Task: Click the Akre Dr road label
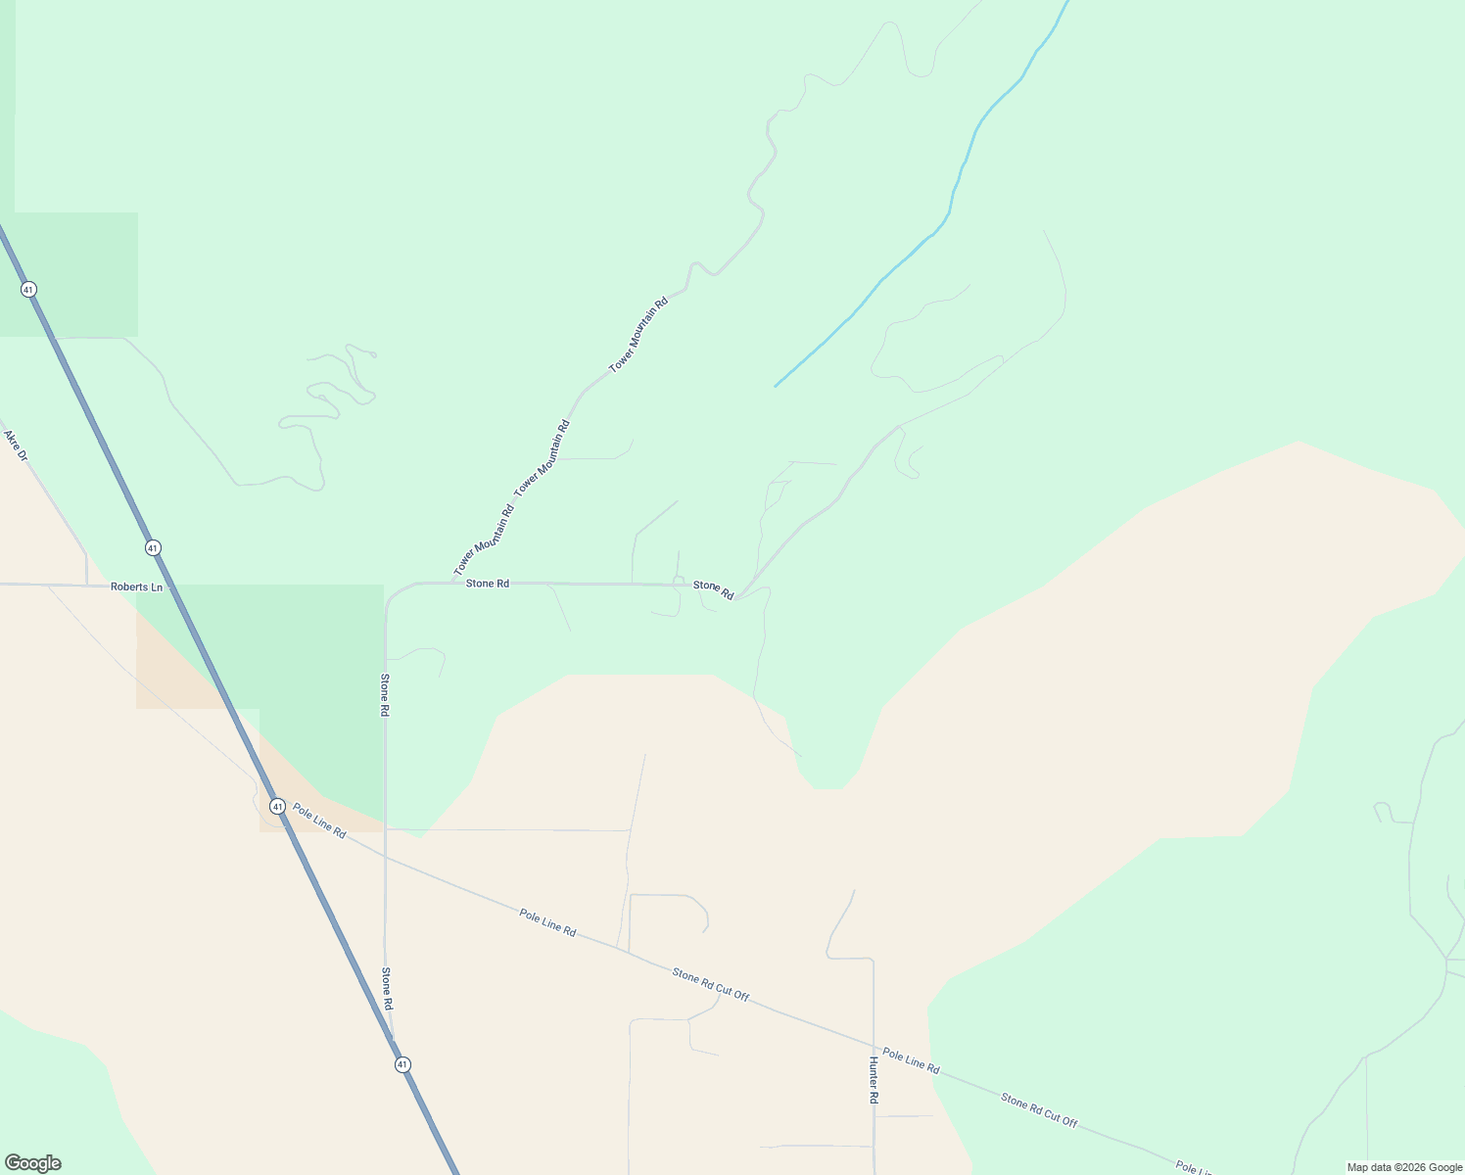(x=16, y=446)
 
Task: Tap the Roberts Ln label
(x=136, y=587)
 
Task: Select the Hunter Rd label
(x=874, y=1080)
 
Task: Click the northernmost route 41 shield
(x=28, y=289)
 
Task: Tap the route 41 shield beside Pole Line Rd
(x=278, y=807)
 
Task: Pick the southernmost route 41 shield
(x=402, y=1064)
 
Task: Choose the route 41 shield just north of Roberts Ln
(x=153, y=547)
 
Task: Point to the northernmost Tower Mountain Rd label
(x=638, y=334)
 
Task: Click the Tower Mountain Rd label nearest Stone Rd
(x=484, y=541)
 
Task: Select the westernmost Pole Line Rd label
(x=319, y=821)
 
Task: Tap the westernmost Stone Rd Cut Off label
(x=711, y=984)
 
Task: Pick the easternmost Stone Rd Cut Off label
(x=1039, y=1110)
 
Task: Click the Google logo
(x=33, y=1163)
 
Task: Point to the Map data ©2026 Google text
(x=1403, y=1167)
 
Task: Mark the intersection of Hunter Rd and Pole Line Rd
(x=874, y=1047)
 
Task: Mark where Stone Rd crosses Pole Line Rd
(x=385, y=857)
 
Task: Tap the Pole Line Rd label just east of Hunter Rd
(x=911, y=1060)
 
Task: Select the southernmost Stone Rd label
(x=387, y=989)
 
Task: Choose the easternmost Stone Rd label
(x=714, y=589)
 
